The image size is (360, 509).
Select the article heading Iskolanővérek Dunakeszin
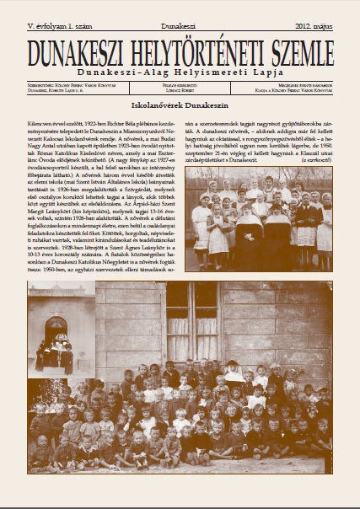point(180,108)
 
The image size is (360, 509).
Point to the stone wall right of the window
point(270,329)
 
